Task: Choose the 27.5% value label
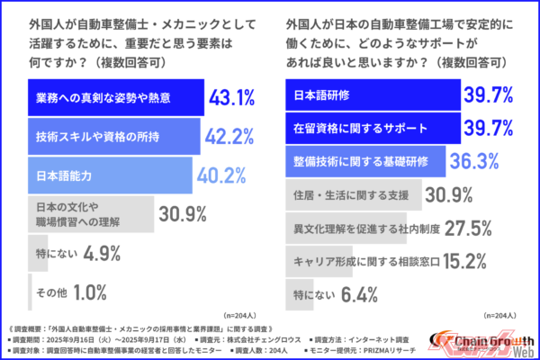pyautogui.click(x=466, y=227)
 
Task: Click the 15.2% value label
pyautogui.click(x=466, y=260)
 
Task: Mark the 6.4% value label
pyautogui.click(x=358, y=293)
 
